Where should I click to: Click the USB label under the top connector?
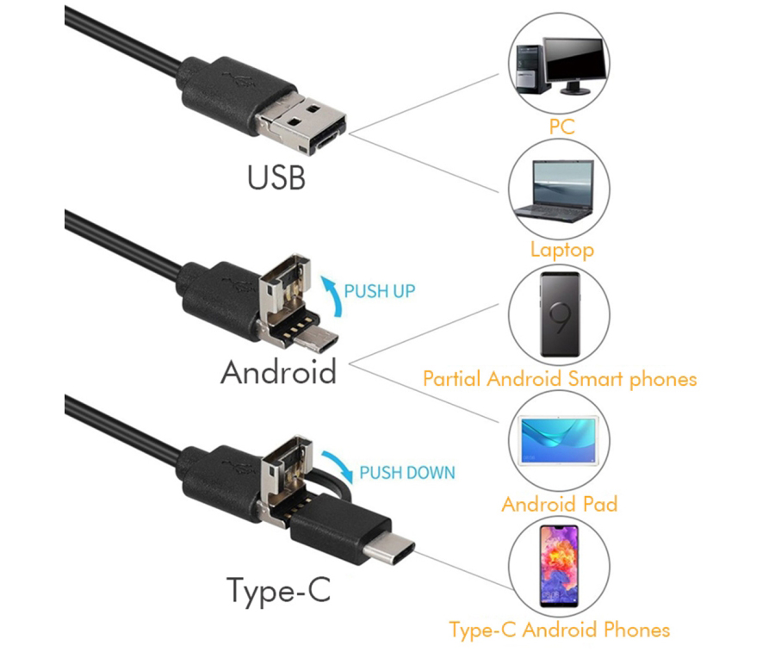(x=276, y=177)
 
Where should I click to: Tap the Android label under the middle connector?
(x=278, y=372)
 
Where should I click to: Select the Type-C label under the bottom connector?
(x=278, y=590)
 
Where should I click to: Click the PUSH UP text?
(x=379, y=291)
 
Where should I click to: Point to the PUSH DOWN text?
(x=406, y=473)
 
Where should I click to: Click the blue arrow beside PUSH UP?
(x=332, y=295)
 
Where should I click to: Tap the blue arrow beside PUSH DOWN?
(x=338, y=464)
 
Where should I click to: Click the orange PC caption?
(x=562, y=127)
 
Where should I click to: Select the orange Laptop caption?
(x=562, y=250)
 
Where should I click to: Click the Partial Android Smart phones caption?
(x=560, y=379)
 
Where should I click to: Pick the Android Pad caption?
(x=560, y=504)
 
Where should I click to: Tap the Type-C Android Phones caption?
(x=560, y=630)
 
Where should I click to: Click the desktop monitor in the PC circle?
(x=575, y=65)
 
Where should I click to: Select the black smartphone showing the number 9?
(x=560, y=314)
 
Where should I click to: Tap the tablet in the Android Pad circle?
(x=559, y=440)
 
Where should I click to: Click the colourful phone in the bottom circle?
(x=559, y=567)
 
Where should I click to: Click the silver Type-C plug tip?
(x=389, y=551)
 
